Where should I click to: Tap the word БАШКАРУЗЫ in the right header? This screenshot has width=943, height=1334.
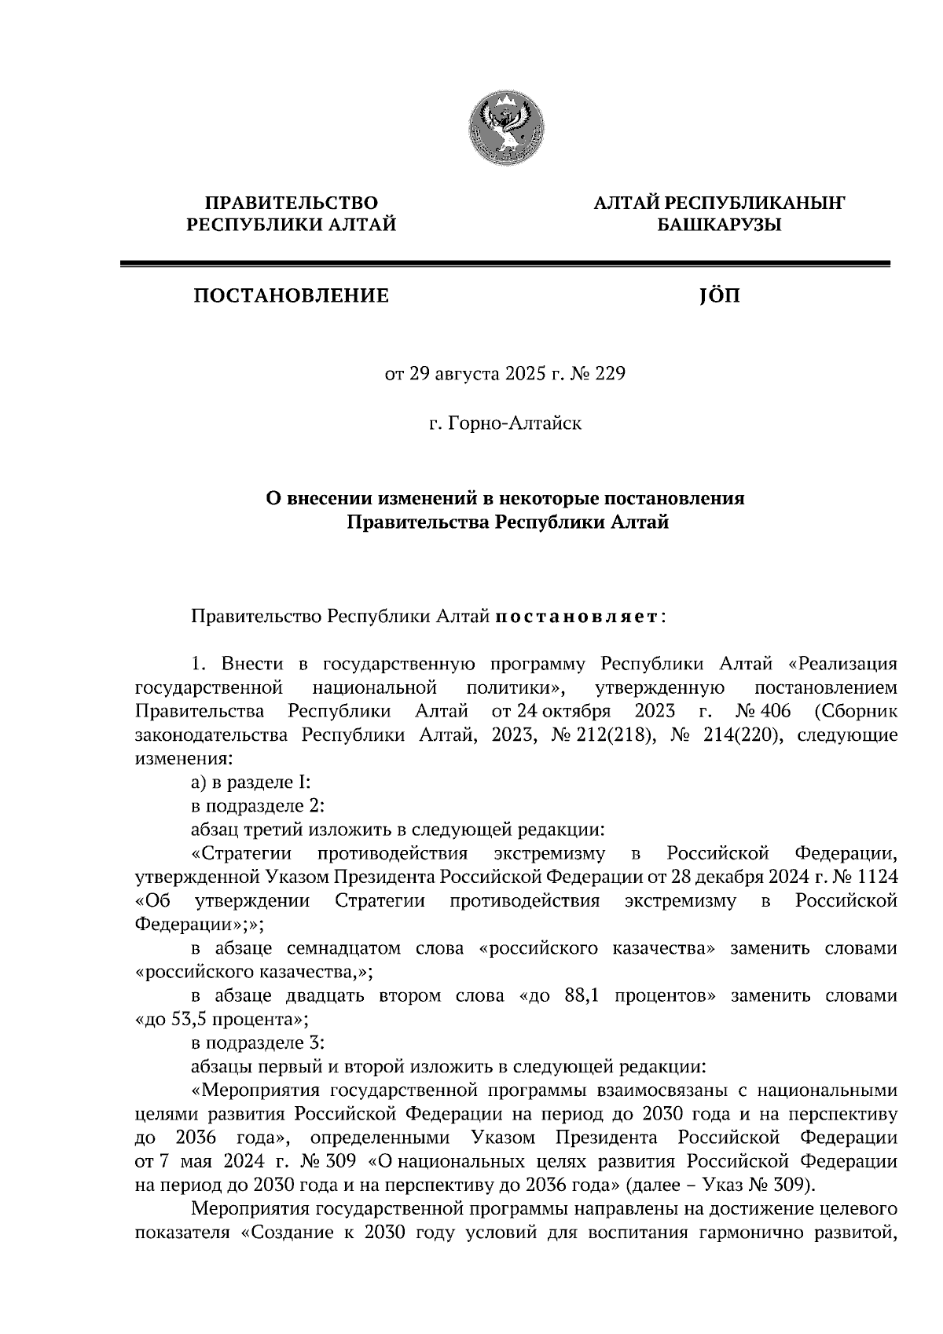(719, 225)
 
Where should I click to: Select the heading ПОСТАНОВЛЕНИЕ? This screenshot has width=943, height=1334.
(292, 296)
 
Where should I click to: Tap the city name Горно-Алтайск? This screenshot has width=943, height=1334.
(515, 424)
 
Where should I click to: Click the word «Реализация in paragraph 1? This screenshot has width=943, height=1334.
(842, 665)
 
